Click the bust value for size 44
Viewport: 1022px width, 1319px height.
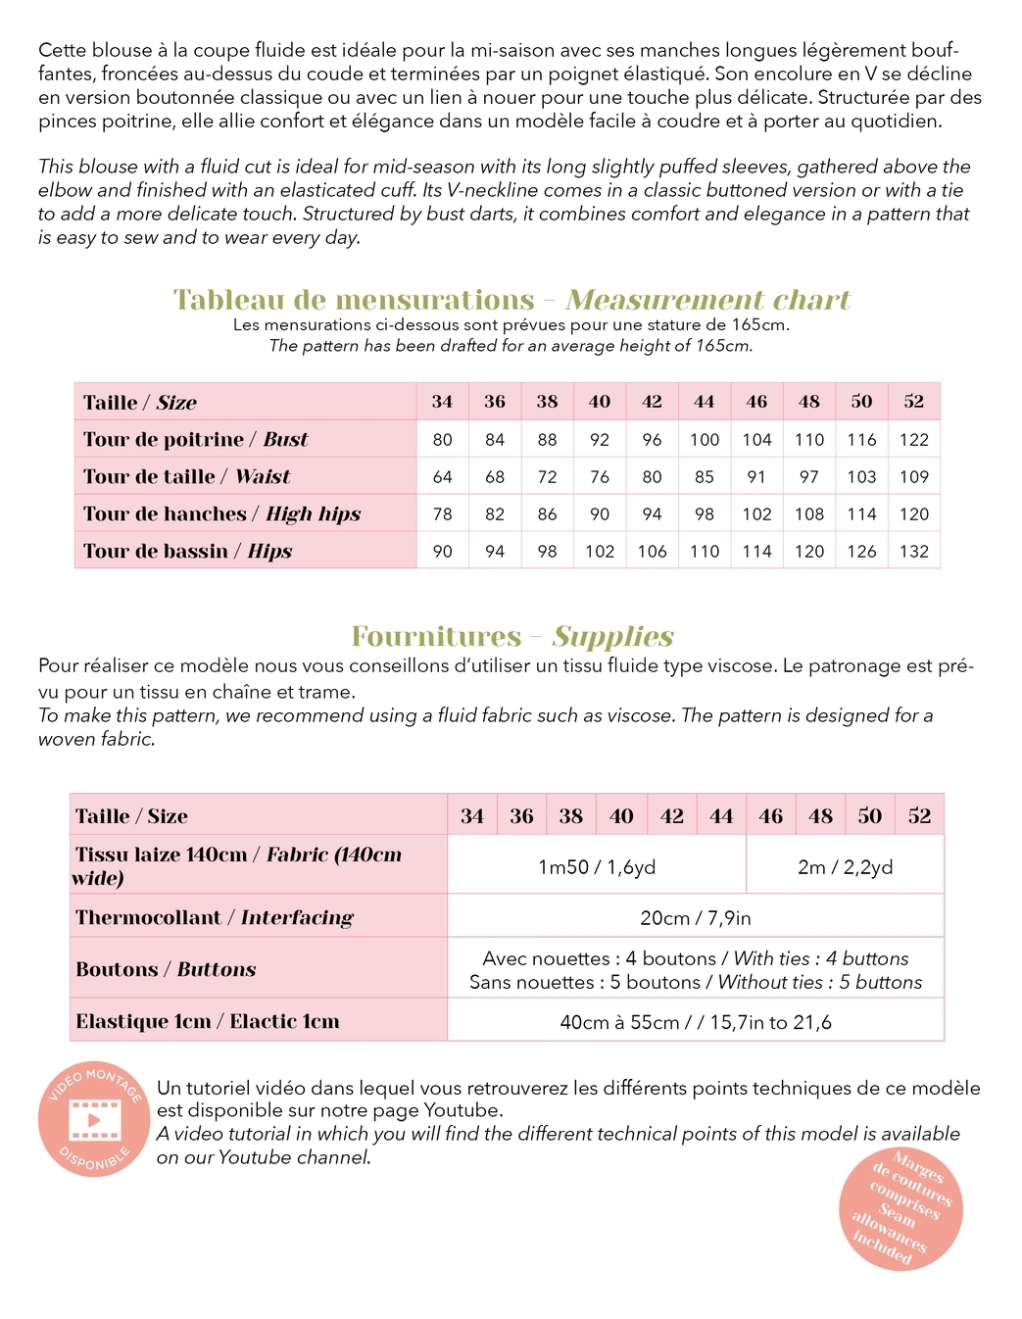click(x=704, y=440)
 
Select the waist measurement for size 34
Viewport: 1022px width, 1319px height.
click(x=442, y=477)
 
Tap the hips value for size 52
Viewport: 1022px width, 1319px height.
click(x=913, y=552)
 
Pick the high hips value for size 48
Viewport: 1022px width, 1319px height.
click(x=808, y=514)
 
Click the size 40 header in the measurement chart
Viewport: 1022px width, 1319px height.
click(x=599, y=402)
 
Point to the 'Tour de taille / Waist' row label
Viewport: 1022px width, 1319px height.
click(x=186, y=477)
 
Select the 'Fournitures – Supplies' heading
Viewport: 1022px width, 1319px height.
click(x=511, y=637)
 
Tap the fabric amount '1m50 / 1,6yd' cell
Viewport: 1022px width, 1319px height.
click(x=596, y=867)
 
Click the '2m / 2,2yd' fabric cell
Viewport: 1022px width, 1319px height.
click(x=845, y=867)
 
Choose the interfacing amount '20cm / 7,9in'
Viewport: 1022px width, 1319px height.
click(x=695, y=918)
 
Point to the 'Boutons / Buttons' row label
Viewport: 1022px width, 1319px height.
click(x=166, y=970)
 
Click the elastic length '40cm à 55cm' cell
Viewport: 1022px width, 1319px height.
click(x=695, y=1022)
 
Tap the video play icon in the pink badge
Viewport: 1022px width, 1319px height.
click(x=94, y=1119)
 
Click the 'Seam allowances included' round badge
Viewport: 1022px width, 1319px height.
click(x=900, y=1208)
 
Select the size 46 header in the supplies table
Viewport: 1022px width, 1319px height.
click(x=770, y=816)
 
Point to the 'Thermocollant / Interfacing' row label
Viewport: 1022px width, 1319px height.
click(x=214, y=918)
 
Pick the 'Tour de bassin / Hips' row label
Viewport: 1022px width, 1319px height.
click(x=187, y=552)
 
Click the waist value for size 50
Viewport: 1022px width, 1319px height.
click(x=860, y=477)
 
